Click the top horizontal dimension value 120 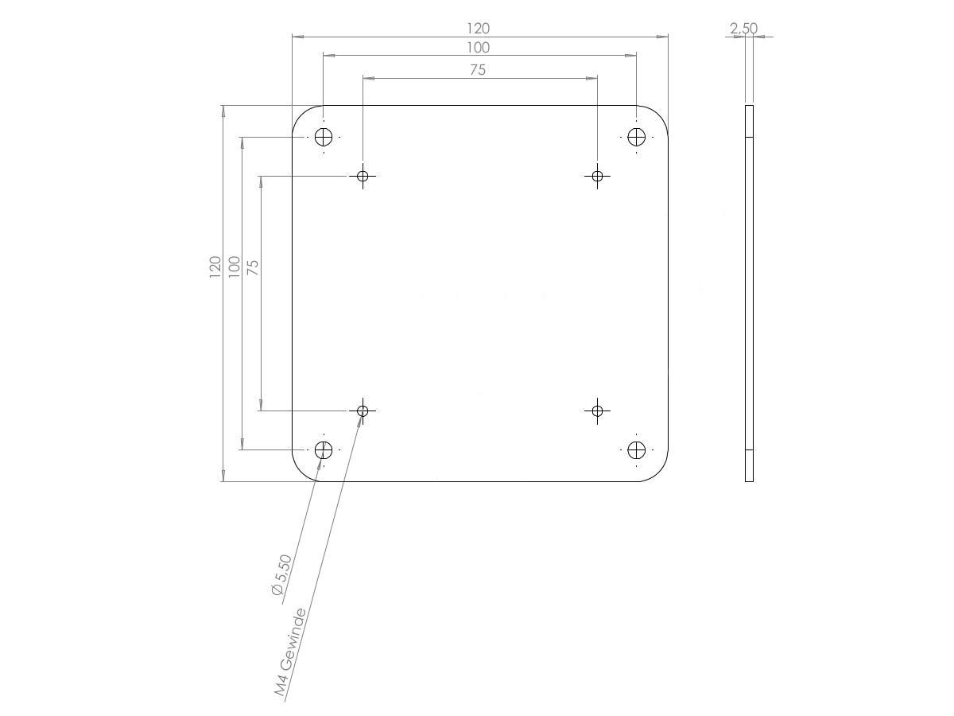click(x=479, y=29)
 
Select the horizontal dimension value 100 click(x=479, y=48)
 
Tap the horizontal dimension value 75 click(x=477, y=70)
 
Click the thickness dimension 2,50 click(x=743, y=29)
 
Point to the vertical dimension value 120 click(x=215, y=267)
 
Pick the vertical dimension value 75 click(x=253, y=267)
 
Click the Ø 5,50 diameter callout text click(x=282, y=574)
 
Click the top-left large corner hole click(x=323, y=137)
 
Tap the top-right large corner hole click(x=636, y=137)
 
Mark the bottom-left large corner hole click(x=323, y=450)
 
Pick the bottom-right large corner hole click(x=636, y=450)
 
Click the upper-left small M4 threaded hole click(x=363, y=176)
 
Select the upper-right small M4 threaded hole click(x=597, y=176)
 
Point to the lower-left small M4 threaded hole click(x=363, y=411)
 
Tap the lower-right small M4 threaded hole click(x=597, y=411)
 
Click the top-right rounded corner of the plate click(x=659, y=115)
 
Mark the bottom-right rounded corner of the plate click(x=659, y=473)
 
